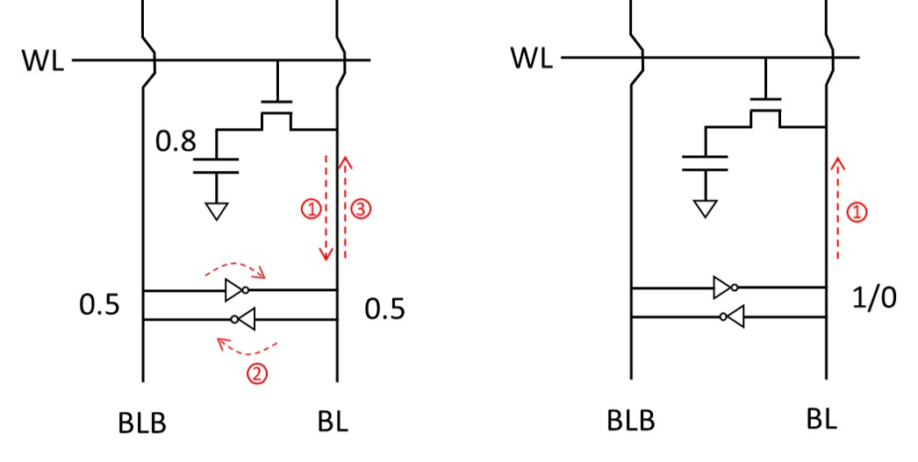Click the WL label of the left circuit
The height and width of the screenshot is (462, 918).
[43, 60]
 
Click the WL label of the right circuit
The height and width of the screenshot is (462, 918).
[532, 58]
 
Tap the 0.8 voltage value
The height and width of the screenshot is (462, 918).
[176, 141]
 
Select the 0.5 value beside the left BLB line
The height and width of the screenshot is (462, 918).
[99, 305]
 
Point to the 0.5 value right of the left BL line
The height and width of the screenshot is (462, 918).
[384, 309]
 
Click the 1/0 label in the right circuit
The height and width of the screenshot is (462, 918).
[874, 298]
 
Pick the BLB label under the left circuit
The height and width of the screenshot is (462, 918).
[142, 423]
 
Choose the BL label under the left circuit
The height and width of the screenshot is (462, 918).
[333, 421]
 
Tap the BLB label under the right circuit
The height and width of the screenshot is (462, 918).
[630, 421]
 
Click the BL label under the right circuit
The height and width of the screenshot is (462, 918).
[821, 419]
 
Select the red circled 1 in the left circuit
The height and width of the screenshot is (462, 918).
[311, 209]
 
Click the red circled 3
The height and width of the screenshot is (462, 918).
[362, 209]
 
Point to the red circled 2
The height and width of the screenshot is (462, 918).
[257, 373]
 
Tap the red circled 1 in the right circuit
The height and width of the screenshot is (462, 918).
[857, 212]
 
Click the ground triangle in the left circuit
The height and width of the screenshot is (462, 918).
[217, 211]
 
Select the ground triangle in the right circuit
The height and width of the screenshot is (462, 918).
[705, 209]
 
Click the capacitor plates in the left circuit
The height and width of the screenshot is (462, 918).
[216, 166]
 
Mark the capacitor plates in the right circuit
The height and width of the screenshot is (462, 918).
[705, 163]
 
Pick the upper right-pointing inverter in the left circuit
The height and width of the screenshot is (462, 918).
[237, 290]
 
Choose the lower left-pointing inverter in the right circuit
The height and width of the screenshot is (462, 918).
[733, 317]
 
